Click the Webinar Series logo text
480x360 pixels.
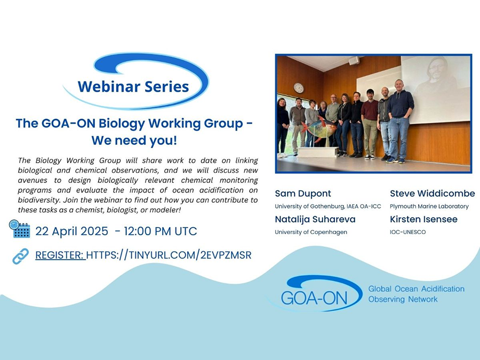(133, 86)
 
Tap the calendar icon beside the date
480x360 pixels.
(20, 229)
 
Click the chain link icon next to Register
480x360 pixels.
(20, 256)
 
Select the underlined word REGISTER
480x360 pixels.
(60, 255)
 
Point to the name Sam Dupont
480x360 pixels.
(303, 194)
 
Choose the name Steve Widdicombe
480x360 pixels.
(432, 194)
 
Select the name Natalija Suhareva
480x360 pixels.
(315, 219)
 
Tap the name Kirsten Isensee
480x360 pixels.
(423, 219)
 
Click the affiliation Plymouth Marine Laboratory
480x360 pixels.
(429, 206)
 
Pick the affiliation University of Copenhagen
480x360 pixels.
(311, 232)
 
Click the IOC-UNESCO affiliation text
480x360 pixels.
(408, 232)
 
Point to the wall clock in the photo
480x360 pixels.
(299, 88)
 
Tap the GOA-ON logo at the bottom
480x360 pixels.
(315, 293)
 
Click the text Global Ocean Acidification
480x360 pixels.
(417, 289)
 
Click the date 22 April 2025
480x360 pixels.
(71, 231)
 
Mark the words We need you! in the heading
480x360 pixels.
(134, 140)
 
